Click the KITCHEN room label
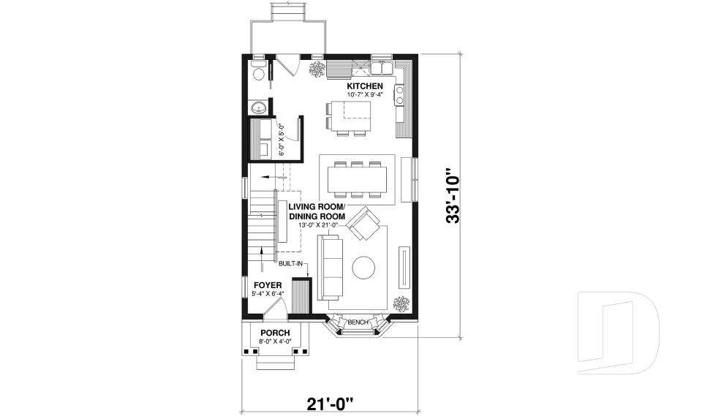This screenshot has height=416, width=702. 364,86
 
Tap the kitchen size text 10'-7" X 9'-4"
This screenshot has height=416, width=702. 364,95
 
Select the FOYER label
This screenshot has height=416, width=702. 268,284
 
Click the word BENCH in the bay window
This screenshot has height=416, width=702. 358,322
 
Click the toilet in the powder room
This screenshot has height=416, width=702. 257,74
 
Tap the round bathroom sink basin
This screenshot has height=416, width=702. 258,108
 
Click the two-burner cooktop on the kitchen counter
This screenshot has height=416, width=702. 400,93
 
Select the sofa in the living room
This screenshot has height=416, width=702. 329,268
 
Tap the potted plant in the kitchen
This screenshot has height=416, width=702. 317,69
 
